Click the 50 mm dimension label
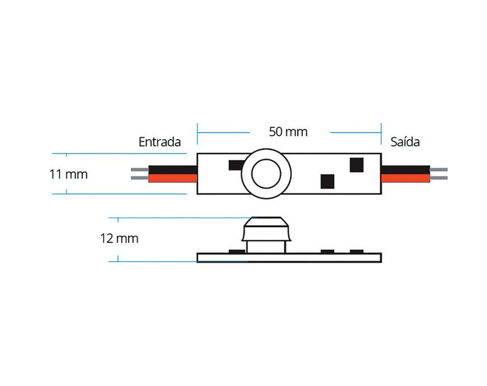288,132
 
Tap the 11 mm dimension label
68,174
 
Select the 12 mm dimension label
119,239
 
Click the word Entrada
160,142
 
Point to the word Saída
405,142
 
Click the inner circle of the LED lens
266,174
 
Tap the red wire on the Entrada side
173,179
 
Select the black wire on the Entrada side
173,169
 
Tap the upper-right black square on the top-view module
357,165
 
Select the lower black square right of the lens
327,182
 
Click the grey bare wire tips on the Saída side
439,174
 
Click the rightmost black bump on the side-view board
356,251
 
